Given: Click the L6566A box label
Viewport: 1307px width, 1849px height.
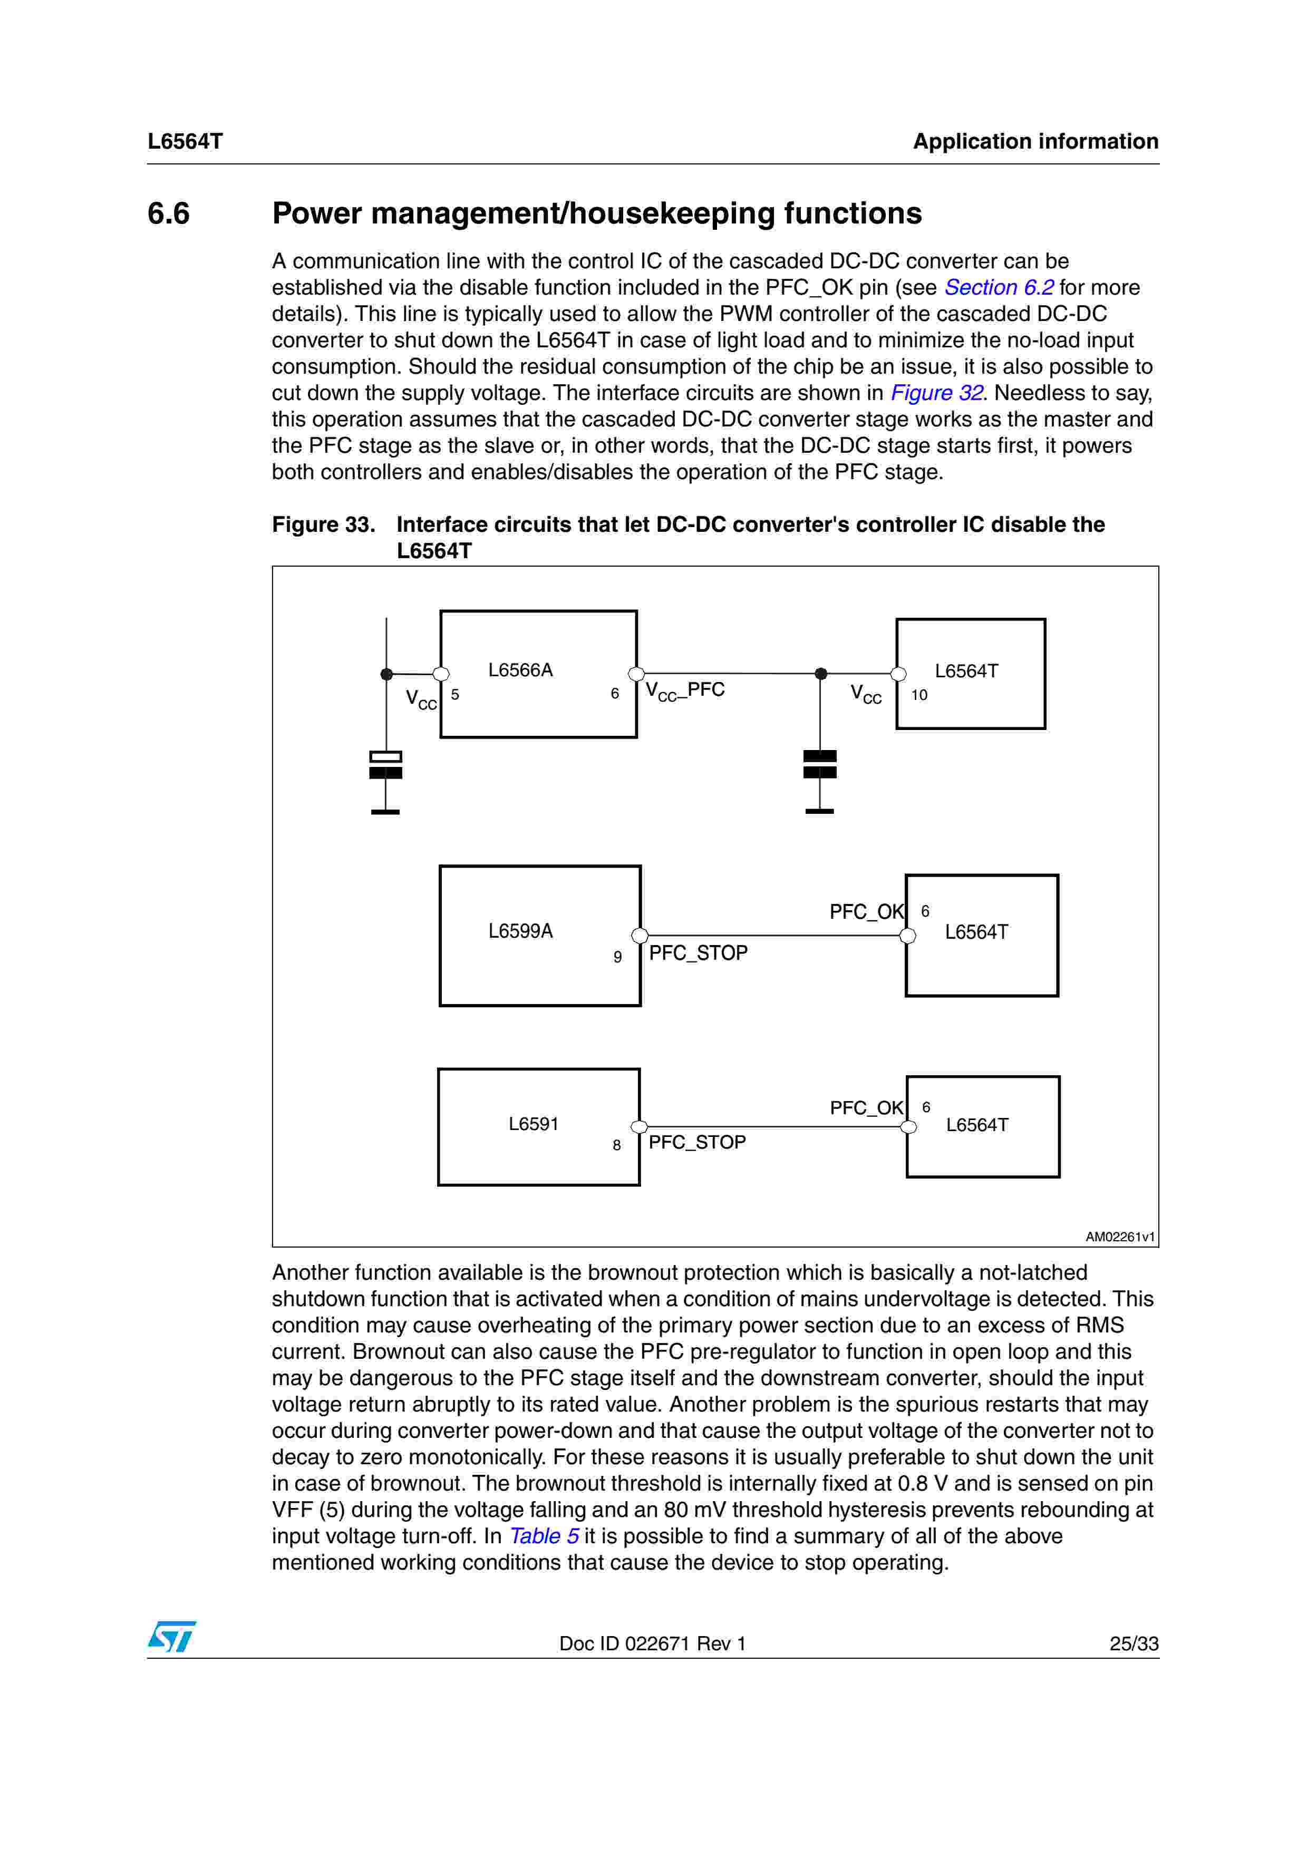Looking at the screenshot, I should click(520, 670).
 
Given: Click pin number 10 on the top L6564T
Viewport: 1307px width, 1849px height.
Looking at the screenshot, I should click(919, 695).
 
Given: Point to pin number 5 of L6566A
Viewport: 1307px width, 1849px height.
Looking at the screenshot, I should click(455, 694).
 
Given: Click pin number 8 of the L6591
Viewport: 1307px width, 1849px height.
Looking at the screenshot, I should click(617, 1145).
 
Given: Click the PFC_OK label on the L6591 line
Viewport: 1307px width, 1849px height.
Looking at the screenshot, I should click(867, 1108).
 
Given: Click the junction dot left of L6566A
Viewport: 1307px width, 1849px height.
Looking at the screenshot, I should click(386, 674).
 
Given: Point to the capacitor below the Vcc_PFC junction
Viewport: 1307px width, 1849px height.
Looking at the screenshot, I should click(820, 764).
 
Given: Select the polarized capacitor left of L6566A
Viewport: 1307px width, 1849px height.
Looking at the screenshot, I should click(386, 765).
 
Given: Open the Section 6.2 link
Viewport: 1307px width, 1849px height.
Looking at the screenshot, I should click(999, 287).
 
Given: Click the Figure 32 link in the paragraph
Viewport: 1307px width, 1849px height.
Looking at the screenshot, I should click(936, 393).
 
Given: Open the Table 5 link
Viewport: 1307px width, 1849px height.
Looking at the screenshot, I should click(545, 1536).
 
